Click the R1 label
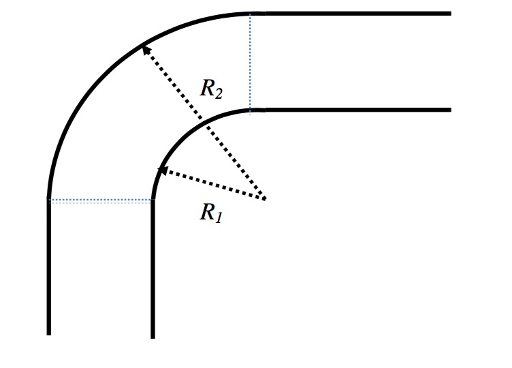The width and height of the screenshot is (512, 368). click(208, 213)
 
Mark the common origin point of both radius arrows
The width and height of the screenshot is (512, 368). click(264, 199)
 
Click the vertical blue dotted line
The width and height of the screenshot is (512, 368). click(250, 61)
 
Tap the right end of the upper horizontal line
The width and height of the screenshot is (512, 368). click(450, 13)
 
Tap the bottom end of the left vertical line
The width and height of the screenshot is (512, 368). click(49, 333)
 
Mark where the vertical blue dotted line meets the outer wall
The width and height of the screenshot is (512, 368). click(250, 14)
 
